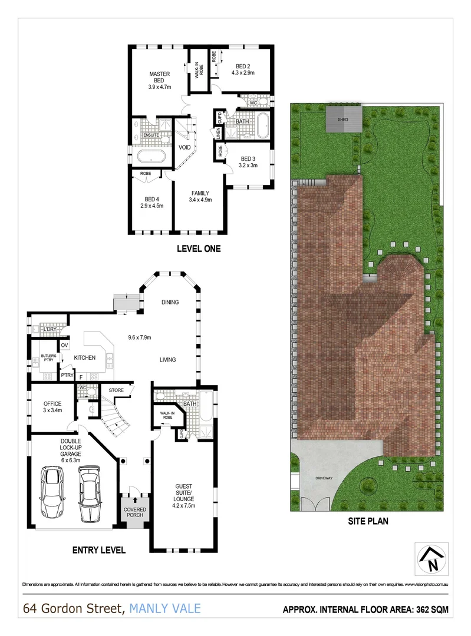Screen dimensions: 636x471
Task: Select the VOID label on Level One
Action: point(184,147)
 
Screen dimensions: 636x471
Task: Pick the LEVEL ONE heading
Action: point(199,249)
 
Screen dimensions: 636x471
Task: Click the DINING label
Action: point(170,302)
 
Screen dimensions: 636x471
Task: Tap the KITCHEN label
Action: point(84,357)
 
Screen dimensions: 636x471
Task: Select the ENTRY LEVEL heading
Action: point(98,551)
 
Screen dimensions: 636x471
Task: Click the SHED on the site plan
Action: point(342,120)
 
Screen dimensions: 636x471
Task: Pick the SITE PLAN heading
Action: point(366,521)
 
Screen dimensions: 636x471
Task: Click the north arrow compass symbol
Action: point(432,558)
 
